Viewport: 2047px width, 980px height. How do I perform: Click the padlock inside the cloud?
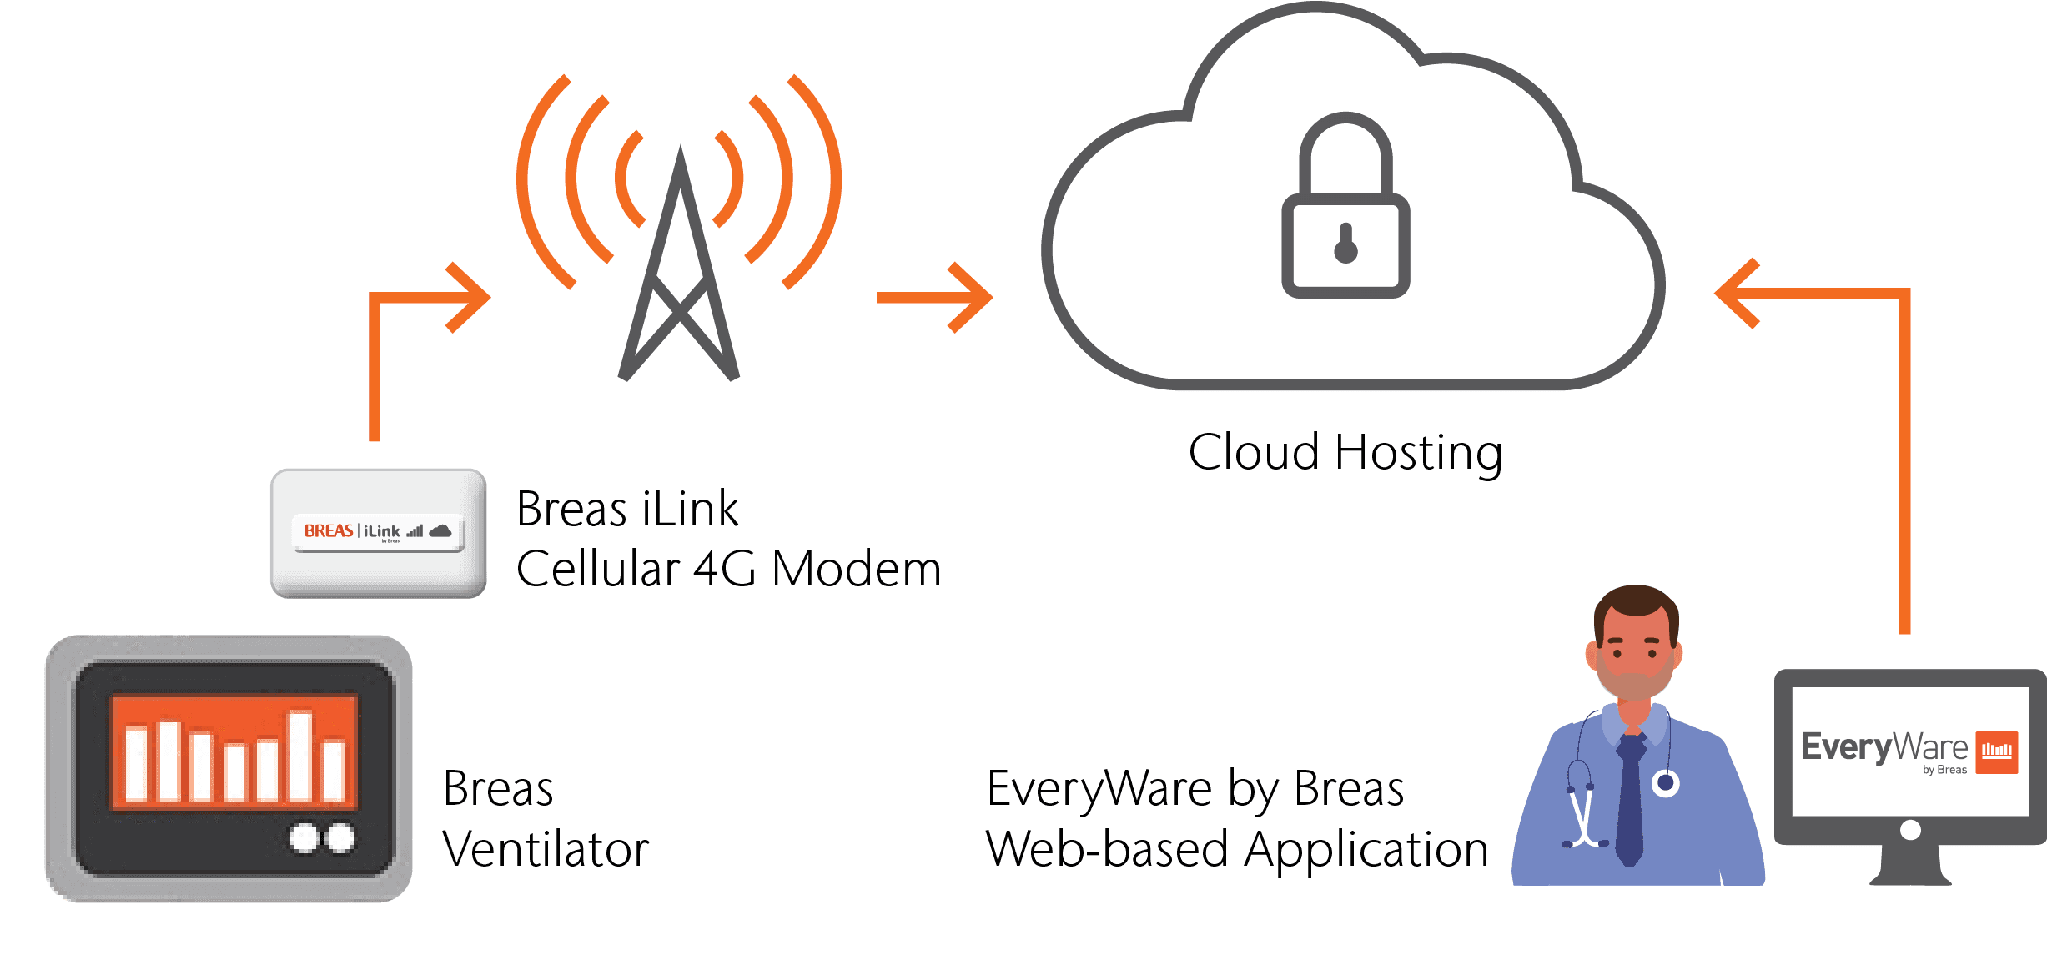tap(1345, 209)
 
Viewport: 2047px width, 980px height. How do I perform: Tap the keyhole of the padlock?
tap(1345, 244)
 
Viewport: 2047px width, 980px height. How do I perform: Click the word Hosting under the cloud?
tap(1418, 453)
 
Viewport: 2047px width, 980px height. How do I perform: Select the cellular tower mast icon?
tap(679, 275)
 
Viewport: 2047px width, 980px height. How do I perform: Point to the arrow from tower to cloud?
tap(934, 298)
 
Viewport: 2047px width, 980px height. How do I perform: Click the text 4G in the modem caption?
tap(724, 570)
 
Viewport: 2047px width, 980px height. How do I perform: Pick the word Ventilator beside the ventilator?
tap(546, 850)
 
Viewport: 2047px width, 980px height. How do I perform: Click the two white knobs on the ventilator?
tap(321, 838)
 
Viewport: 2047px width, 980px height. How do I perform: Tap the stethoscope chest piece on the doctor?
tap(1666, 782)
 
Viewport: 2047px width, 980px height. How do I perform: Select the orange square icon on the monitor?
tap(1996, 751)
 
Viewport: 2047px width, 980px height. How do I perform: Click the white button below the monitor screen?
tap(1910, 830)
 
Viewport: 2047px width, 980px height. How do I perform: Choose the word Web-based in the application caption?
tap(1106, 850)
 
